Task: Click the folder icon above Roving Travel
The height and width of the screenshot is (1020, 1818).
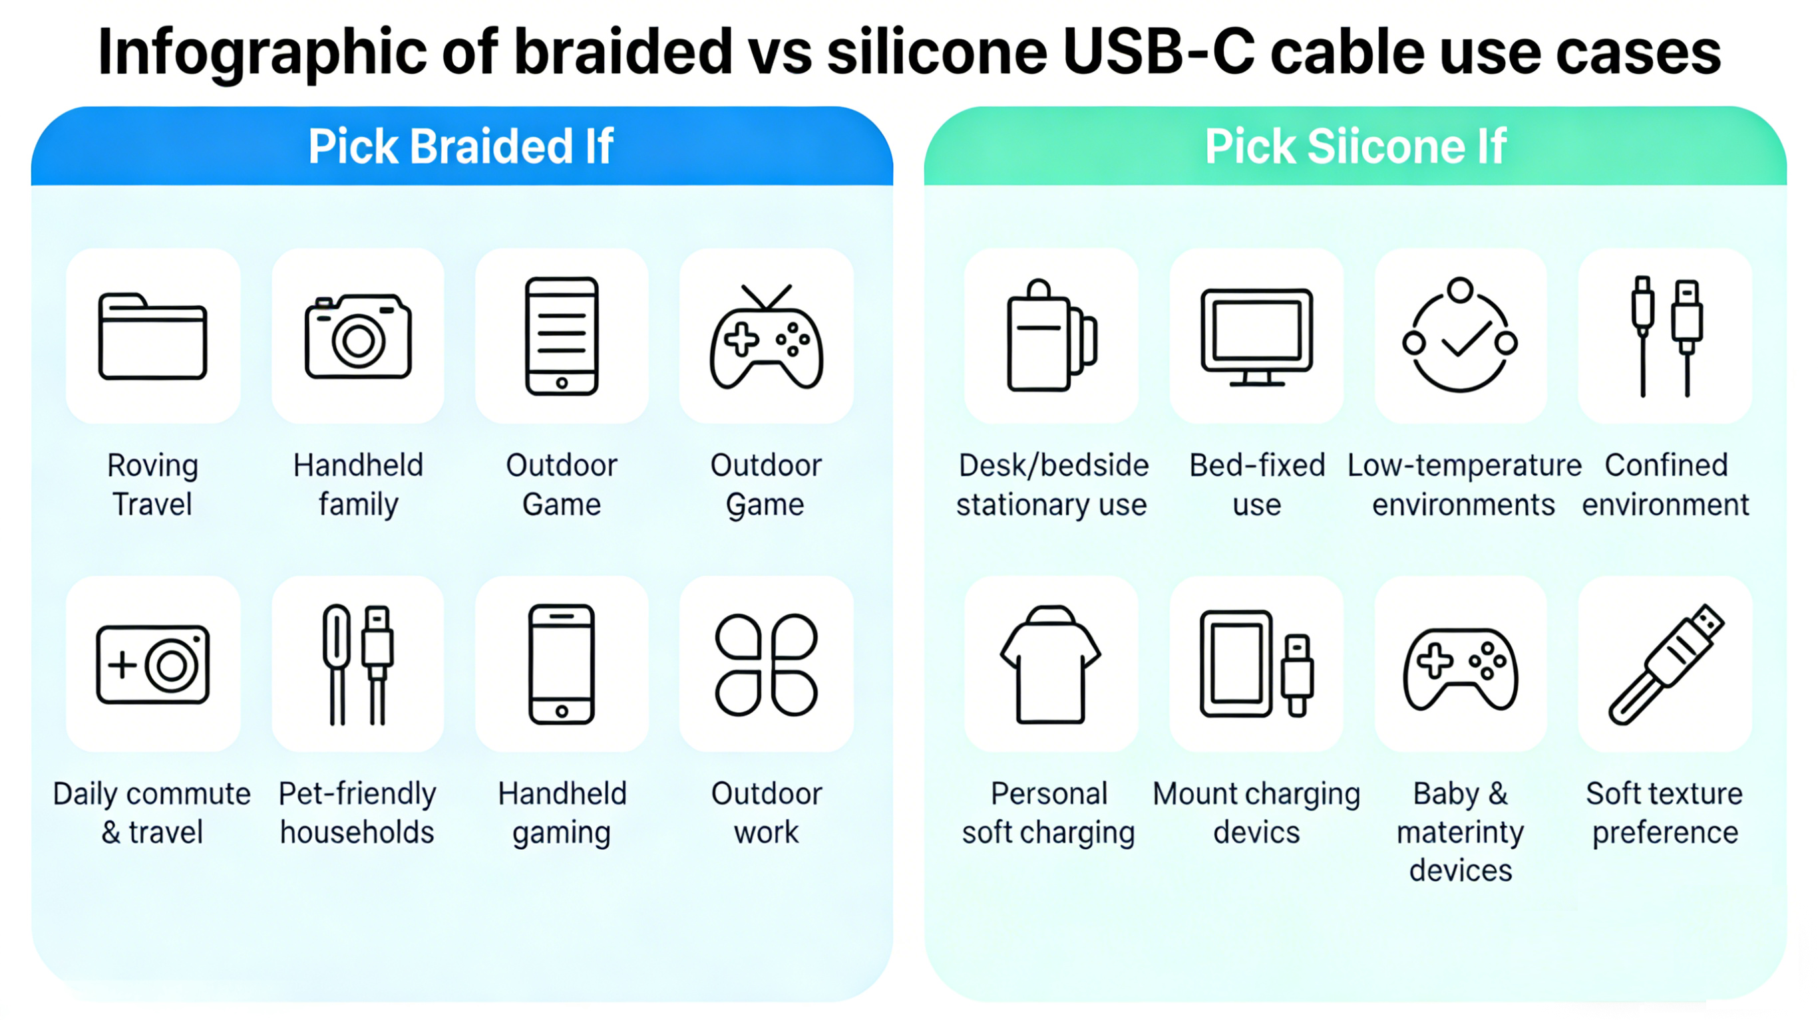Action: click(152, 336)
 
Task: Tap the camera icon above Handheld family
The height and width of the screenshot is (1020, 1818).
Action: click(358, 336)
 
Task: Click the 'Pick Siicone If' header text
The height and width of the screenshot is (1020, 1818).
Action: click(1355, 147)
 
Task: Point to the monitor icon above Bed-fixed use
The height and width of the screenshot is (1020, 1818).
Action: click(1256, 336)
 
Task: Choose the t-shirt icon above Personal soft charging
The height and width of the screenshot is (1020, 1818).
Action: click(1049, 664)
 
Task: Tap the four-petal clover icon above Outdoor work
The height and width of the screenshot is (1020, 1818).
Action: click(766, 664)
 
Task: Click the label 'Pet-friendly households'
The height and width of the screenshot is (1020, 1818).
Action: click(357, 813)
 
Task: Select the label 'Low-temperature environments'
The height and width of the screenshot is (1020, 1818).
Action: click(1464, 485)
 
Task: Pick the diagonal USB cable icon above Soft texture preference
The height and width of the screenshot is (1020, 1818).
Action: click(1666, 664)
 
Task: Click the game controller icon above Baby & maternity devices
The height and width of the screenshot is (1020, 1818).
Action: click(1460, 668)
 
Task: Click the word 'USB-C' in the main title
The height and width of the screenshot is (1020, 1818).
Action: click(1158, 53)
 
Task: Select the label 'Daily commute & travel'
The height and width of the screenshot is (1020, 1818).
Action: click(152, 813)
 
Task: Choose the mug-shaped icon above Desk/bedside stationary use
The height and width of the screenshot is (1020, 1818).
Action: click(1051, 336)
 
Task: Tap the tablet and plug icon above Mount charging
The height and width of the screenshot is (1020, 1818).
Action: click(1256, 664)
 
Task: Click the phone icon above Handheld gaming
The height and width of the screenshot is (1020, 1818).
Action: click(562, 664)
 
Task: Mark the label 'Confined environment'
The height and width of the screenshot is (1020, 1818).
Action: click(1666, 485)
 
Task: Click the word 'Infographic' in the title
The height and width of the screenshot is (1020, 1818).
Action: click(262, 53)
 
